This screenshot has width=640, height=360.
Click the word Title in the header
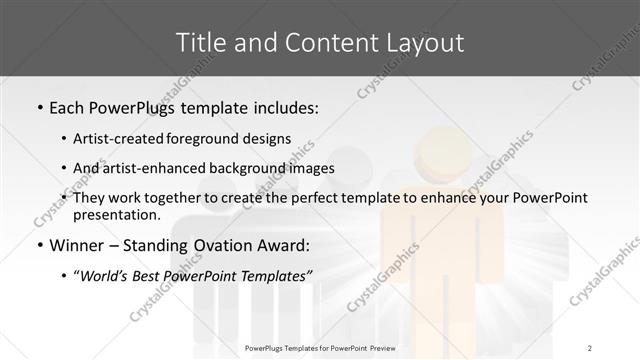199,42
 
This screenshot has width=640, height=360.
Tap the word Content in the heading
319,42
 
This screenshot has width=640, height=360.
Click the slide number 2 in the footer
589,347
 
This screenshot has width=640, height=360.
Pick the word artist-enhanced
157,167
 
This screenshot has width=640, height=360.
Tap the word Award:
282,245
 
